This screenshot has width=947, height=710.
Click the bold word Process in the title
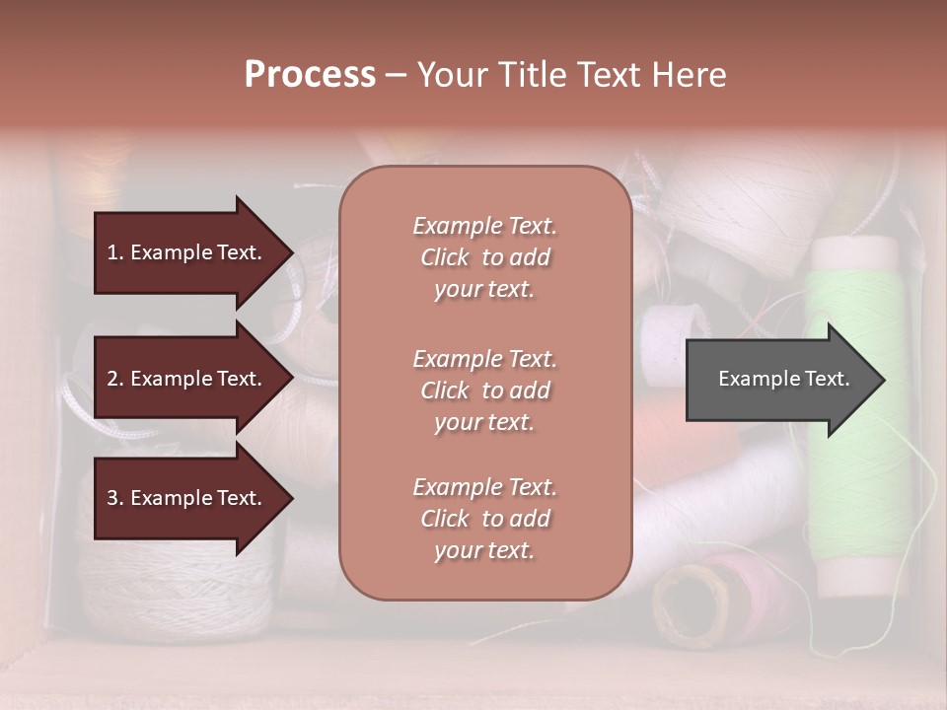(x=310, y=74)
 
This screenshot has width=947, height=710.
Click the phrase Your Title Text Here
(x=572, y=74)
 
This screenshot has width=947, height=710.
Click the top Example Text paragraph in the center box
(x=484, y=257)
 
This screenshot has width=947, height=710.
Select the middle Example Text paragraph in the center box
(x=484, y=390)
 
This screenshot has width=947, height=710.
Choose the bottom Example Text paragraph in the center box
(x=484, y=519)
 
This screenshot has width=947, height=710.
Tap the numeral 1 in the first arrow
(x=111, y=252)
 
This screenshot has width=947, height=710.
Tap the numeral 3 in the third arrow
(x=111, y=498)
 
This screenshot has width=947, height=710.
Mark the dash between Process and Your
(x=397, y=74)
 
